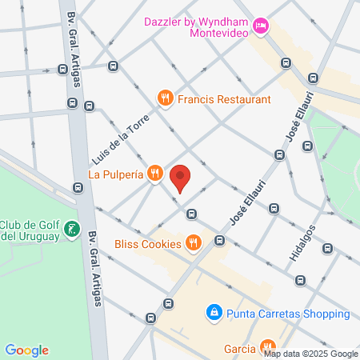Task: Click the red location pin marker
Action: tap(181, 178)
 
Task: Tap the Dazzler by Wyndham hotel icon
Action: tap(260, 27)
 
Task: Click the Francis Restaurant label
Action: tap(224, 98)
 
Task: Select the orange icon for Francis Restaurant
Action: tap(166, 98)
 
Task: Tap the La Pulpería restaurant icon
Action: tap(155, 173)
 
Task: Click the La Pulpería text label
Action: tap(115, 173)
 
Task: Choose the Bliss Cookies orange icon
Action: tap(192, 241)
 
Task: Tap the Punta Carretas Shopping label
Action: tap(287, 314)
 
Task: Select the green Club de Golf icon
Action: tap(71, 230)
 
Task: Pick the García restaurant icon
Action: tap(268, 347)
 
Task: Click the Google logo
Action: tap(26, 350)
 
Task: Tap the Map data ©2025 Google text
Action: tap(311, 354)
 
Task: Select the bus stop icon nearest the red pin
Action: tap(191, 214)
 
